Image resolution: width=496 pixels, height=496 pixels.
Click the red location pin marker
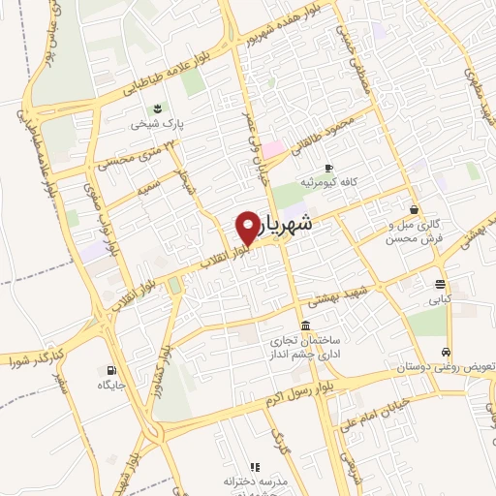click(x=249, y=227)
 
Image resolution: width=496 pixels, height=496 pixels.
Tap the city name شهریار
click(x=288, y=224)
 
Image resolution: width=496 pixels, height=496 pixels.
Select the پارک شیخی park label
click(x=159, y=125)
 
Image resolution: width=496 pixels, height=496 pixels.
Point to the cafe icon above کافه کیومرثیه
click(x=329, y=168)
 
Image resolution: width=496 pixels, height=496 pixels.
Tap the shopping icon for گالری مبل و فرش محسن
click(x=414, y=209)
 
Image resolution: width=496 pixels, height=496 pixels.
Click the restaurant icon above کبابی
click(x=441, y=285)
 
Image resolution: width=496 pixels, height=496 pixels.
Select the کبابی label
click(x=442, y=301)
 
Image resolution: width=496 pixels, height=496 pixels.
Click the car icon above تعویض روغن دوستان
click(x=445, y=353)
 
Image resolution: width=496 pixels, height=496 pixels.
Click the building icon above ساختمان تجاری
click(x=306, y=325)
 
